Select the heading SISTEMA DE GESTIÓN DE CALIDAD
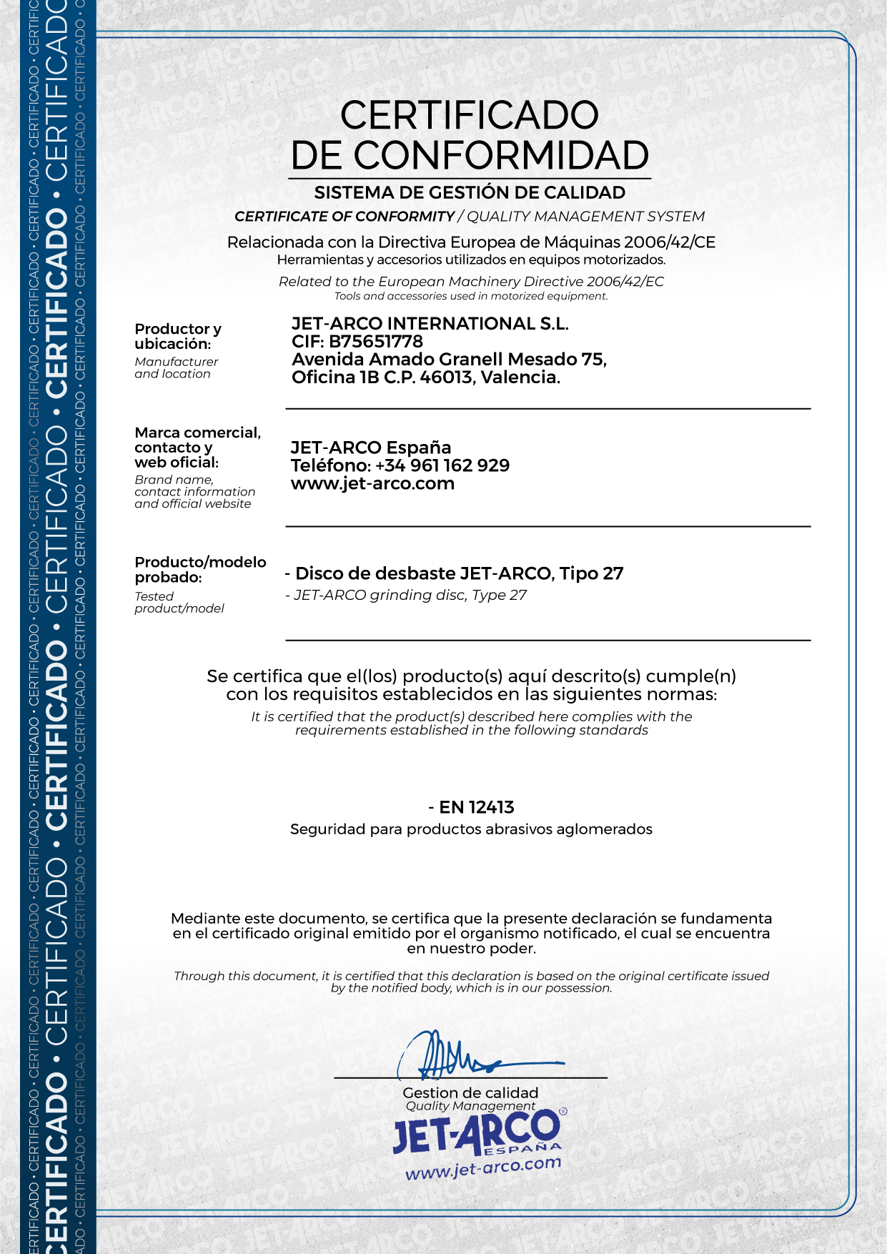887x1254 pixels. tap(470, 192)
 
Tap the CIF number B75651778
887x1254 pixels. tap(376, 342)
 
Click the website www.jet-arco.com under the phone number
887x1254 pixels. tap(372, 483)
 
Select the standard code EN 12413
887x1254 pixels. tap(476, 807)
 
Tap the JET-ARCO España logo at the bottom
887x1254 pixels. tap(477, 1132)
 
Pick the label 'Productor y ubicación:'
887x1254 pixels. tap(177, 336)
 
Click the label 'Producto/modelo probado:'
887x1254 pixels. tap(199, 569)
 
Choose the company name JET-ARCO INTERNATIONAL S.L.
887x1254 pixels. tap(430, 324)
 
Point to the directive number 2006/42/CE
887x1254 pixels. tap(669, 242)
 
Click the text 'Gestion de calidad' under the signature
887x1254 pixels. tap(470, 1092)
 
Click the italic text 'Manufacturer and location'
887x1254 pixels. tap(176, 367)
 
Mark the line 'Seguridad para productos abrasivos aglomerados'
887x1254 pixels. tap(471, 829)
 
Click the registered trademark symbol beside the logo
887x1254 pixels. tap(563, 1112)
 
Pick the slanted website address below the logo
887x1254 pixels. tap(483, 1168)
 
